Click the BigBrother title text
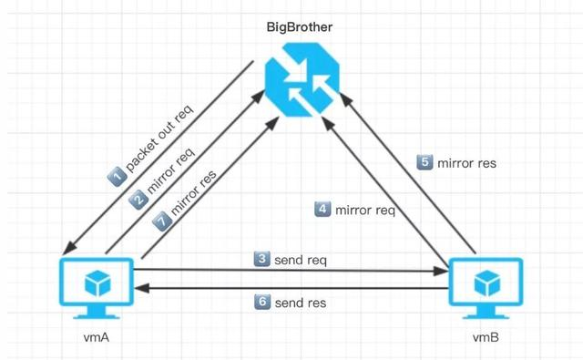[299, 28]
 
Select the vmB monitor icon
[486, 285]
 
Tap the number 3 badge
[261, 260]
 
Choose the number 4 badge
[322, 210]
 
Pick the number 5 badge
[424, 163]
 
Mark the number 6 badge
[261, 302]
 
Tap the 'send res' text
[300, 302]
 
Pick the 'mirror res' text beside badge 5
[468, 163]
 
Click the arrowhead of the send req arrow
[444, 270]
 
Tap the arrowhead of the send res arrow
[139, 288]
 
